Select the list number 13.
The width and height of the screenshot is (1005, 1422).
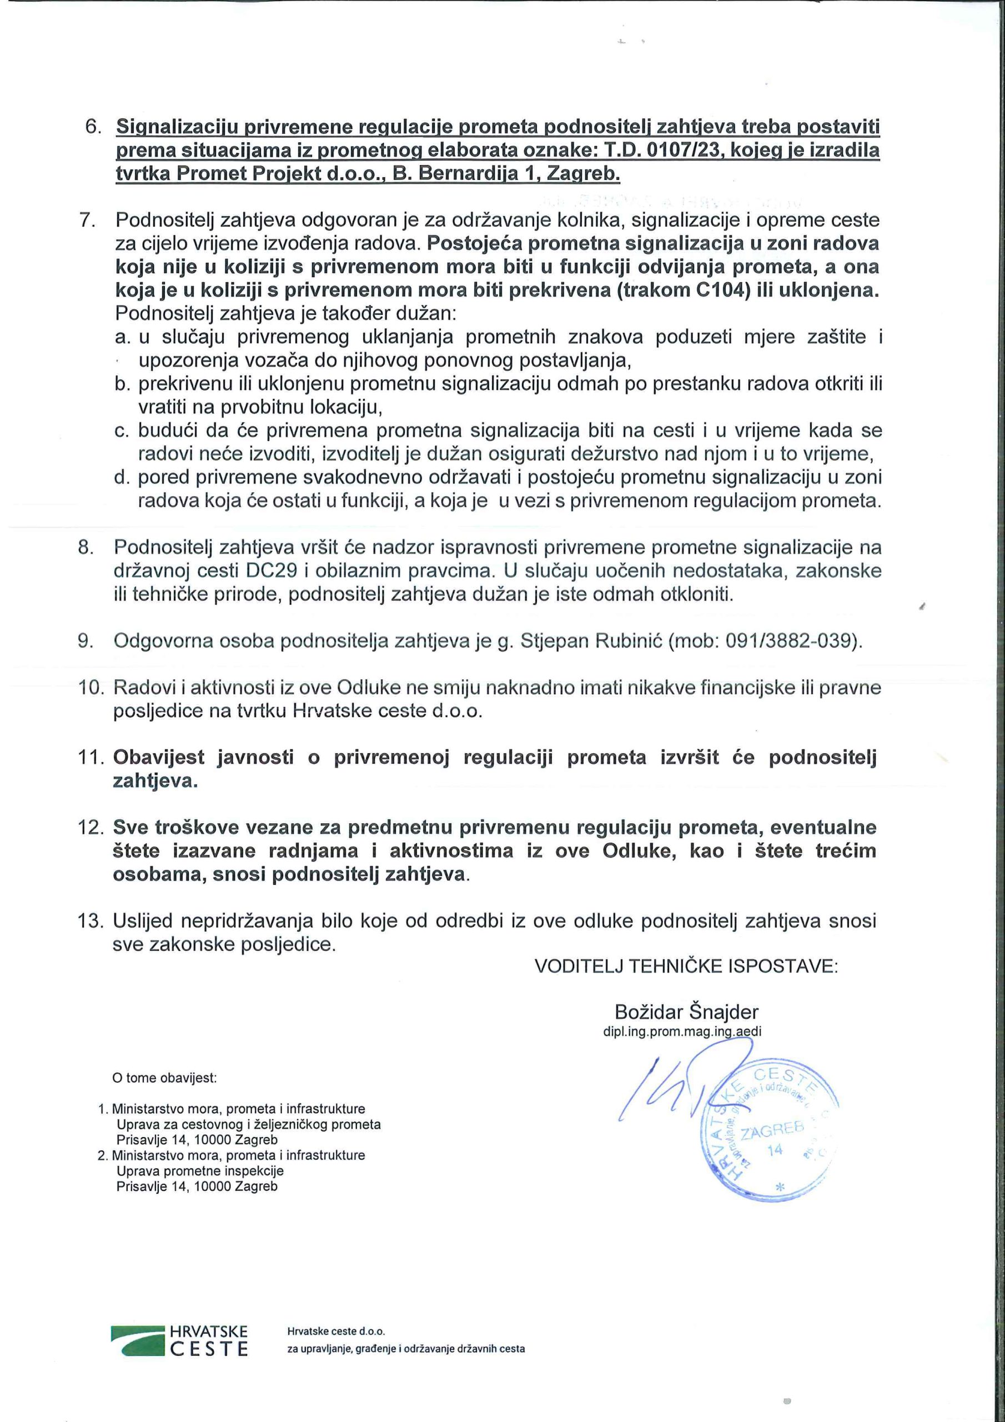(x=91, y=921)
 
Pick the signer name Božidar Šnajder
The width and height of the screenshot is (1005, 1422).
(x=686, y=1012)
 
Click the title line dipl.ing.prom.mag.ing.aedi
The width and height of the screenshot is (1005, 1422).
(x=682, y=1032)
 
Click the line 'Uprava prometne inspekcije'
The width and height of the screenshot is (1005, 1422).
(x=200, y=1171)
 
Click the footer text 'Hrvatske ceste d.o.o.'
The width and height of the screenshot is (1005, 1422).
(x=336, y=1331)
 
